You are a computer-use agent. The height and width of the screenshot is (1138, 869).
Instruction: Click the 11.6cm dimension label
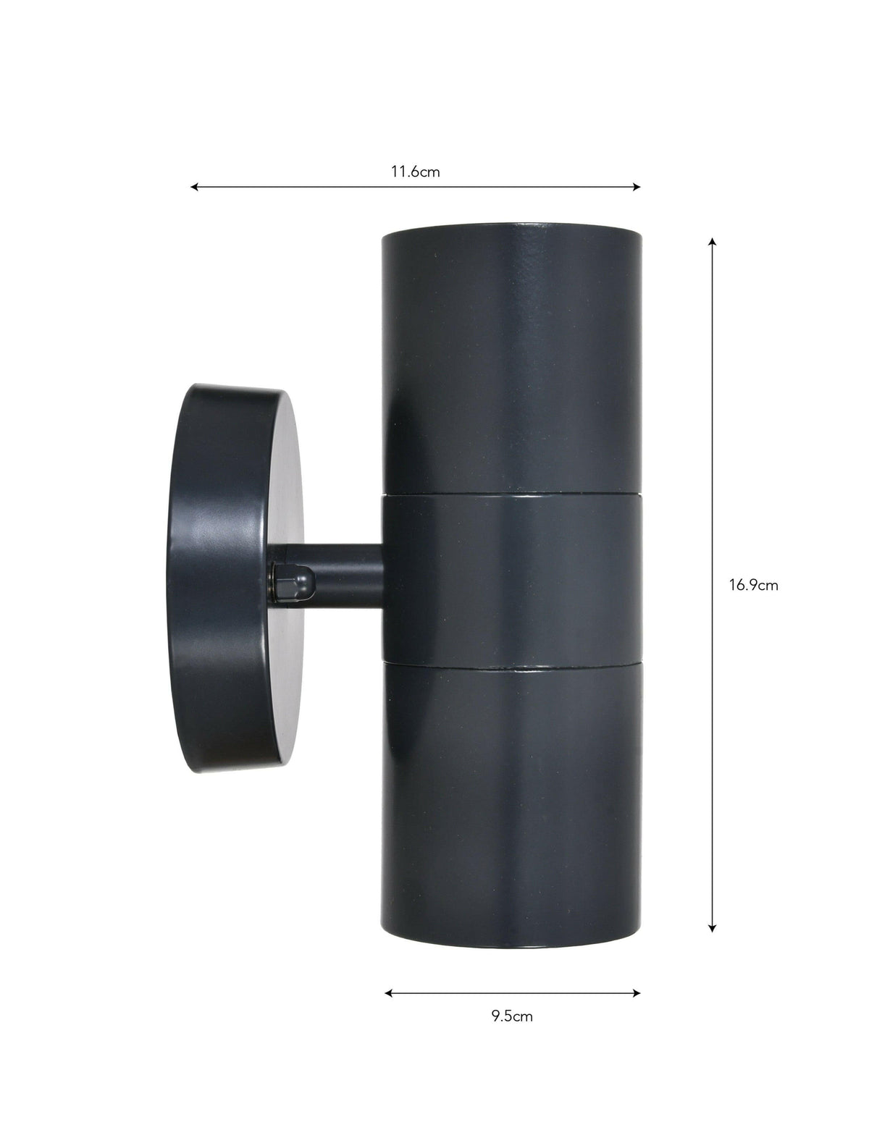point(415,172)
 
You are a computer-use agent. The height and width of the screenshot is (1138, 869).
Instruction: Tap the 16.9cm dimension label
point(753,586)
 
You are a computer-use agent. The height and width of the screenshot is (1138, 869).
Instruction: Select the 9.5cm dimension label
point(512,1016)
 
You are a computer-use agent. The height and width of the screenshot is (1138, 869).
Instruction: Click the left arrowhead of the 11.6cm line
point(194,187)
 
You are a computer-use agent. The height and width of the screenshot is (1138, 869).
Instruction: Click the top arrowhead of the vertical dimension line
point(713,241)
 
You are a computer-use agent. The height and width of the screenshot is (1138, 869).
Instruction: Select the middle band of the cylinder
point(511,577)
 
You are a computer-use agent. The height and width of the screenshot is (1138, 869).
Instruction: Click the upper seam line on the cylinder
point(511,495)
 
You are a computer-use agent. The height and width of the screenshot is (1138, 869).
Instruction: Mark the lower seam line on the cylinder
point(511,661)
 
